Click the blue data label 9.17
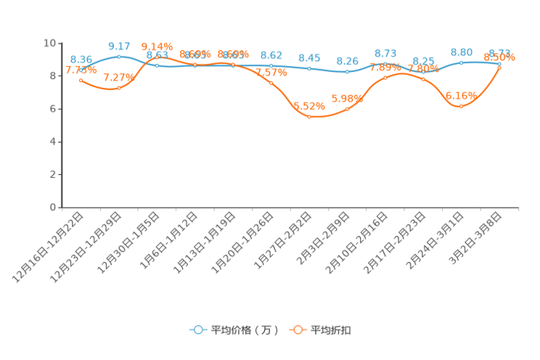(118, 46)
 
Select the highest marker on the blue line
(119, 56)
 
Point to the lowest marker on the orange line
(309, 116)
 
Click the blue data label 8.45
(309, 57)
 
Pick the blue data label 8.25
(348, 61)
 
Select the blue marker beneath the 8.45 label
(309, 68)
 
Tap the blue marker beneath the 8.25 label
(348, 71)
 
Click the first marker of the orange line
(81, 79)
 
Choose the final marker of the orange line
(499, 67)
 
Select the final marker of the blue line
(499, 64)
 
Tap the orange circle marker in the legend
(298, 330)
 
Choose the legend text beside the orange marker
(332, 330)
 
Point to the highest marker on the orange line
(157, 57)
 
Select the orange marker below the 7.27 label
(119, 88)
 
